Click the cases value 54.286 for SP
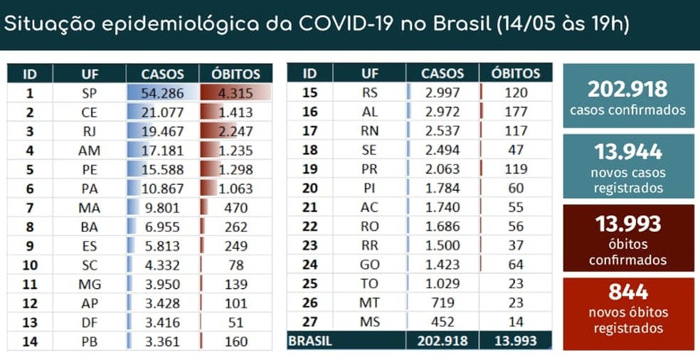coord(162,92)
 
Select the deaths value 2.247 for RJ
coord(234,131)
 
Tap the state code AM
coord(90,150)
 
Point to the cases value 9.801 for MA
coord(162,208)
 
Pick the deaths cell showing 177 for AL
coord(516,111)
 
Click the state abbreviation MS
coord(370,322)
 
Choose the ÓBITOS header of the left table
coord(235,73)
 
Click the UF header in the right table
coord(370,73)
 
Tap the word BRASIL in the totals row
coord(310,341)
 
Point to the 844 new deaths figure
coord(628,292)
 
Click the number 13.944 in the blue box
coord(628,152)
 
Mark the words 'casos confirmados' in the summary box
coord(628,110)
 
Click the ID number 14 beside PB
coord(30,341)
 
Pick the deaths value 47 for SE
coord(516,150)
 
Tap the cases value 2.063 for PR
coord(442,169)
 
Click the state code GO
coord(370,265)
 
